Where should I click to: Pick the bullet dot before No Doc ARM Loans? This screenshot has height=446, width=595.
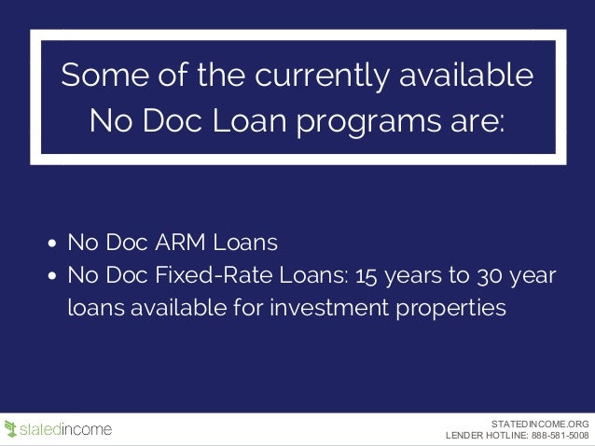click(53, 245)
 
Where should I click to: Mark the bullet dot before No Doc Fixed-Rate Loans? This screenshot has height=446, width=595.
click(53, 277)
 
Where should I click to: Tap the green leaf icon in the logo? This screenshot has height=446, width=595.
click(11, 429)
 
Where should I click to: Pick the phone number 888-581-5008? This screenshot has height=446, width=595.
click(560, 435)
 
